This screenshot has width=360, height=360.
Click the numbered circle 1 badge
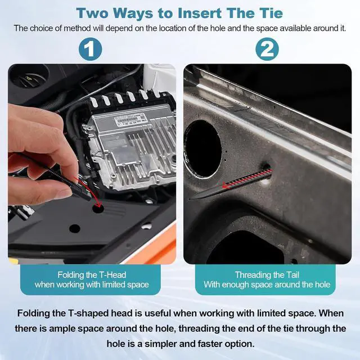[90, 49]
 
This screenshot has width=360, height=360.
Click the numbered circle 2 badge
[267, 49]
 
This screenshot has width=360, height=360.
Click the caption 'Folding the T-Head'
[92, 274]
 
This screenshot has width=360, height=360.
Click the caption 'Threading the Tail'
[267, 274]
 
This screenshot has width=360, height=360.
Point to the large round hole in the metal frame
[203, 148]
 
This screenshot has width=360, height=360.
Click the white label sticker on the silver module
[130, 119]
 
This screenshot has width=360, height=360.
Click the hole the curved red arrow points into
[98, 208]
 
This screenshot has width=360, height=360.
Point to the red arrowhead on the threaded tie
[226, 185]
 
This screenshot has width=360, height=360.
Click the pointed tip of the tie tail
[189, 200]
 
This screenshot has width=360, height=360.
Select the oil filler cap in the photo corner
[29, 77]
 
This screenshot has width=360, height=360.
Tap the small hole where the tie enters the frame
[267, 167]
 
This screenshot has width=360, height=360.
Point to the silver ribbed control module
[131, 142]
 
